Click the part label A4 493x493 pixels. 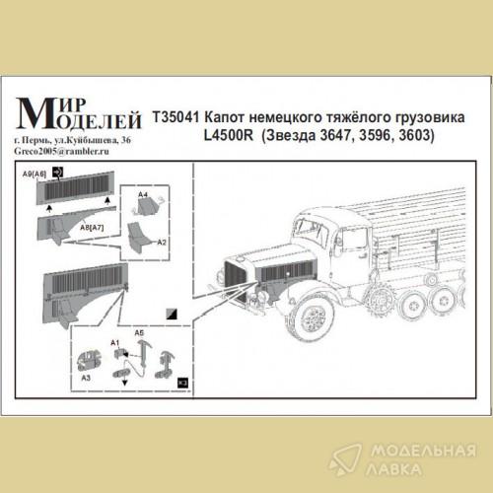pos(143,195)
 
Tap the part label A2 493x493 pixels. pos(162,243)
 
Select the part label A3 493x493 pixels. pos(86,378)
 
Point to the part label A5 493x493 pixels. pos(139,333)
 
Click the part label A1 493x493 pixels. pos(115,343)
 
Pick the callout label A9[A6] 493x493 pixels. pos(35,174)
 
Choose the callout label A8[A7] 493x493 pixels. pos(92,228)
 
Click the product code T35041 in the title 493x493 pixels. pos(176,117)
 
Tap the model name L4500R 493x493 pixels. pos(229,135)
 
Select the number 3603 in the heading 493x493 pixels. pos(416,135)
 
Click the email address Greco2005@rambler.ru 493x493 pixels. pos(62,151)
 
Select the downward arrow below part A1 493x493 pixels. pos(125,383)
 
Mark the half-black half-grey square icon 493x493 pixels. pos(172,315)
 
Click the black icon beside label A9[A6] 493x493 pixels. pos(58,172)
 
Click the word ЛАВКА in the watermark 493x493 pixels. pos(393,469)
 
